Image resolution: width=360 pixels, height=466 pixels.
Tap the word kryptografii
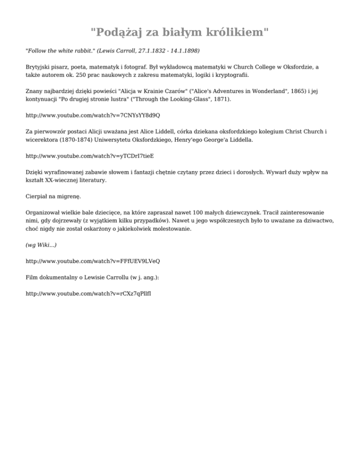(x=232, y=75)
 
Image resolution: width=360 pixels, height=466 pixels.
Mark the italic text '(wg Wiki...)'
(x=41, y=245)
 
